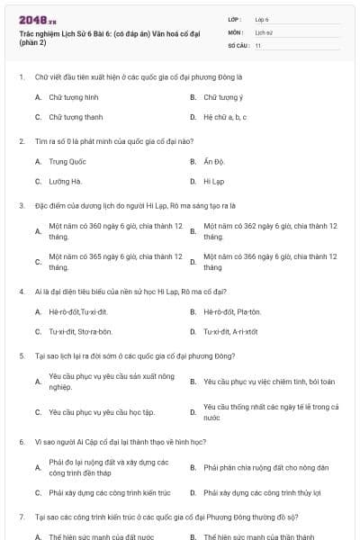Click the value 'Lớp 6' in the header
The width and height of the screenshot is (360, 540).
tap(262, 19)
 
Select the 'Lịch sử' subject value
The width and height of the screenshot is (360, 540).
tap(263, 31)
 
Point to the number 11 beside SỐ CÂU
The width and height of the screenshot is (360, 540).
tap(258, 44)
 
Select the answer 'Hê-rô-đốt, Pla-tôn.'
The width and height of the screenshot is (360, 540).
tap(232, 311)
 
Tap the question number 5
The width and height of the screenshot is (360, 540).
tap(21, 356)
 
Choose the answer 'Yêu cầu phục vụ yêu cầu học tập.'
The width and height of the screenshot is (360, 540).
tap(102, 412)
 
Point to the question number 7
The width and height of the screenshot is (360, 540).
tap(21, 518)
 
